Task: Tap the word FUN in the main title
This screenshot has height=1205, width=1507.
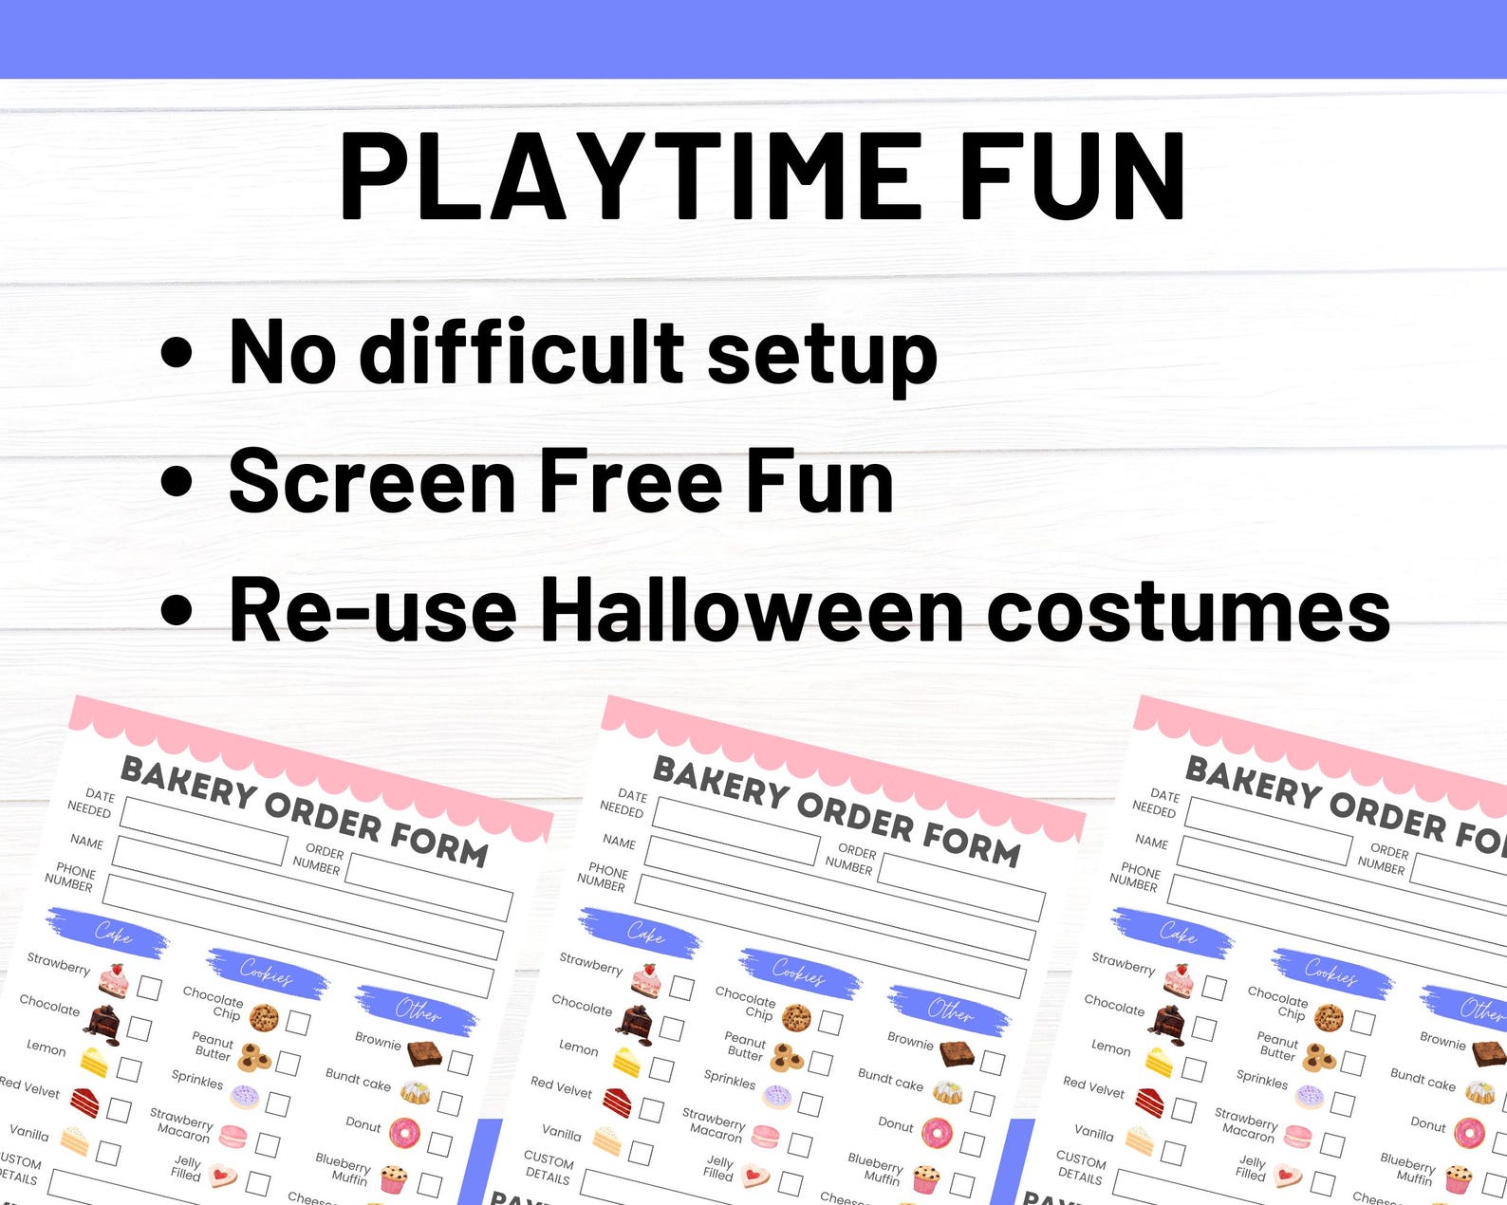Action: (1072, 176)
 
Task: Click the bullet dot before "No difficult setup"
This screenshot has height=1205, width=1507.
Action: (177, 353)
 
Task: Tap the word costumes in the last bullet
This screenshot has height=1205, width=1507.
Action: (1188, 610)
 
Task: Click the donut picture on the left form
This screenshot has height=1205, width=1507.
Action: (404, 1132)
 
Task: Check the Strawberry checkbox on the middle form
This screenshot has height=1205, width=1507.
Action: (681, 987)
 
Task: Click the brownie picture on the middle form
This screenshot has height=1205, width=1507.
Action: (957, 1052)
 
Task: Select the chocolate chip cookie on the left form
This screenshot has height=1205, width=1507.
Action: (264, 1018)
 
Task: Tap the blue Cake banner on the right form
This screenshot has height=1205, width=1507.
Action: (1176, 934)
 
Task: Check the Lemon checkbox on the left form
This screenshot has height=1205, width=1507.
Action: (129, 1070)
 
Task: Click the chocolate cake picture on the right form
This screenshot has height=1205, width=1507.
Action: (1166, 1021)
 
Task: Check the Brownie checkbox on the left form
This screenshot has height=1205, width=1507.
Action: (460, 1062)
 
